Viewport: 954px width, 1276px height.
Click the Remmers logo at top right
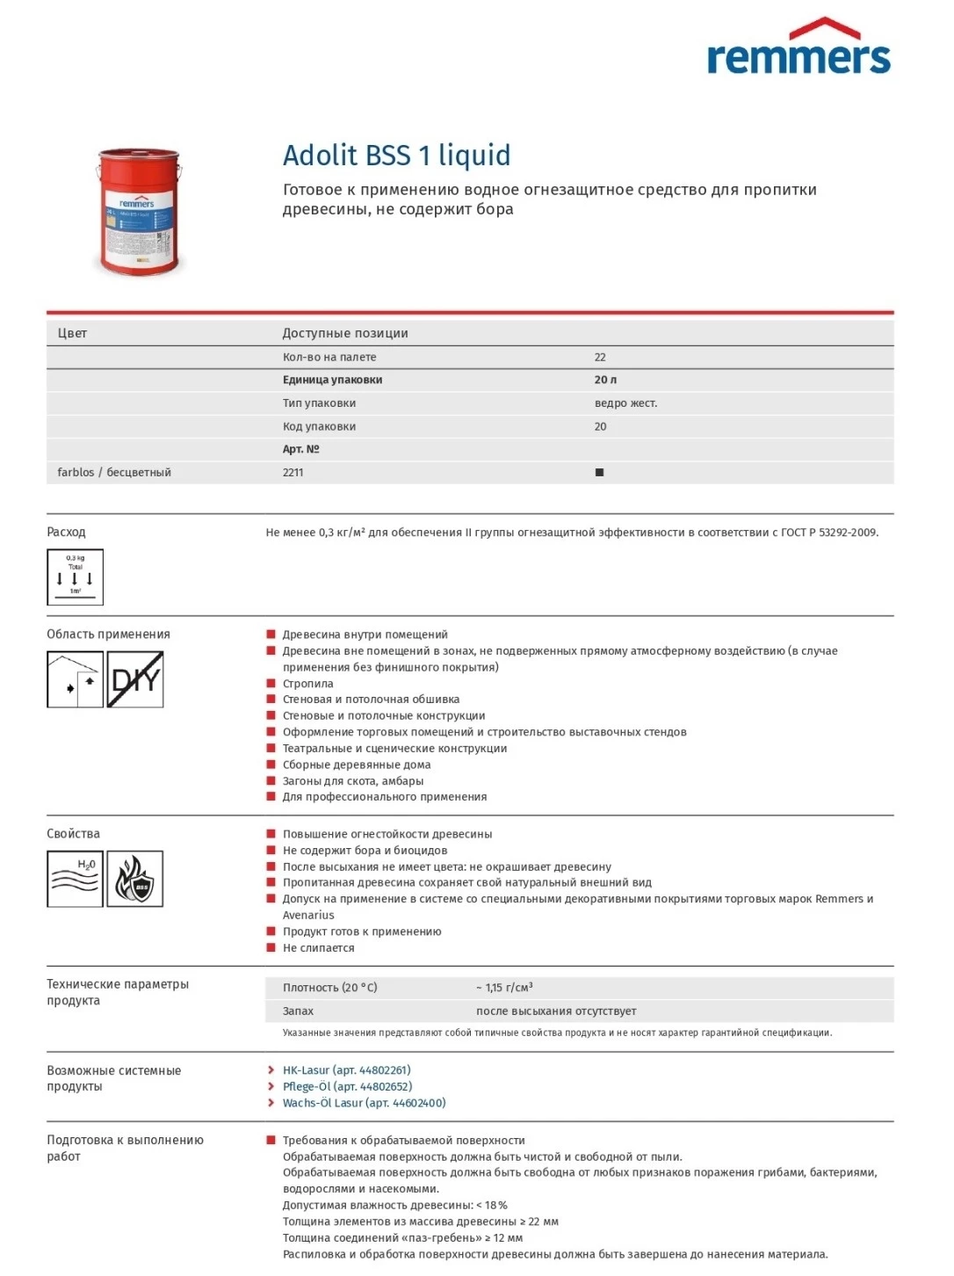[799, 47]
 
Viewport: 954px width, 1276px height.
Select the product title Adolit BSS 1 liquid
[396, 156]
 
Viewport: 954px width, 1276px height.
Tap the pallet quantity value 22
[600, 358]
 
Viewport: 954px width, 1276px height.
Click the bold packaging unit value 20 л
[605, 381]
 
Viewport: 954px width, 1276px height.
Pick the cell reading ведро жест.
[625, 403]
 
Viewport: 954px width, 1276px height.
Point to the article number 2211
[293, 473]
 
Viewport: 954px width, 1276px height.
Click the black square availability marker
[600, 473]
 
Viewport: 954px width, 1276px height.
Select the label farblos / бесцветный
[114, 473]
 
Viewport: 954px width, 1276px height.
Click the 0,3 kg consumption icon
[75, 577]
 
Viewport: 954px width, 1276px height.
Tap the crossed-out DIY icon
[135, 679]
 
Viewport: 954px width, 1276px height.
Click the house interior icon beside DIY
[75, 679]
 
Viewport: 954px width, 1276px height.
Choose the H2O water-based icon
[75, 879]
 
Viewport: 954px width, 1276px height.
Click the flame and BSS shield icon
[135, 879]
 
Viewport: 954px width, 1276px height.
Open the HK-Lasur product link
[346, 1070]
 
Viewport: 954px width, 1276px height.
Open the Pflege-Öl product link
[347, 1087]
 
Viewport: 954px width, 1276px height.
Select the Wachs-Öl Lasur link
[364, 1103]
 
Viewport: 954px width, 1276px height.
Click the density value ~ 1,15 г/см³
[504, 988]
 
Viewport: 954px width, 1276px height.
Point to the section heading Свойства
[73, 834]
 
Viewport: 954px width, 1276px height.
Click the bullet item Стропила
[307, 684]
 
